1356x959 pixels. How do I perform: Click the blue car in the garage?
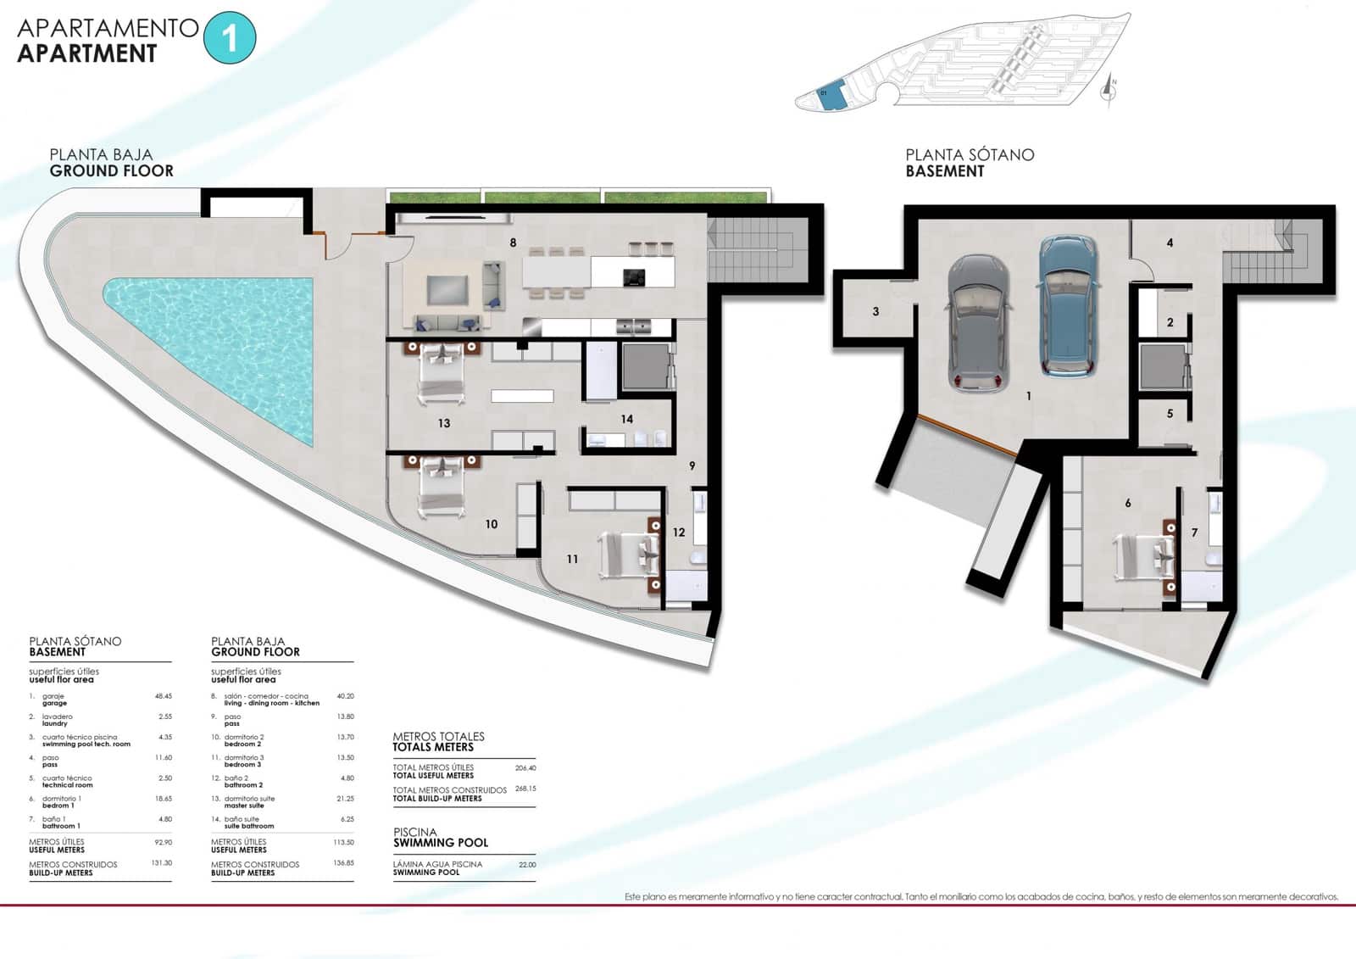tap(1069, 307)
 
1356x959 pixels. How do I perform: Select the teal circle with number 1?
tap(230, 38)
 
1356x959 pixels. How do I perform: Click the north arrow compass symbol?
tap(1109, 87)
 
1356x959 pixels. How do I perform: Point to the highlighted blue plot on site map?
tap(832, 96)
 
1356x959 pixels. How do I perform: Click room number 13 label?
tap(444, 423)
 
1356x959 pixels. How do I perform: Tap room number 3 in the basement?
tap(875, 312)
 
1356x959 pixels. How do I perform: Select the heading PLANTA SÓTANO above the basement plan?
tap(970, 155)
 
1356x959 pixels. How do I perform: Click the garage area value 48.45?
tap(163, 696)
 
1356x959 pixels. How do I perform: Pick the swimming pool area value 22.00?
tap(527, 865)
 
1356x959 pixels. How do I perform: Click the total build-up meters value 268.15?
tap(525, 789)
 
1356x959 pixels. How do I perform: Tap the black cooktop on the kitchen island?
tap(634, 276)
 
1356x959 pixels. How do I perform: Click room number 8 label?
tap(513, 243)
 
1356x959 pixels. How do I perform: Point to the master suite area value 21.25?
tap(345, 799)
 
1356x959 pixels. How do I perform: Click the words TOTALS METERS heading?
tap(433, 747)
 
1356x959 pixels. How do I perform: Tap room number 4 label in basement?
tap(1170, 243)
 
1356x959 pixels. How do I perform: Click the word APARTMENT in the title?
tap(87, 53)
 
